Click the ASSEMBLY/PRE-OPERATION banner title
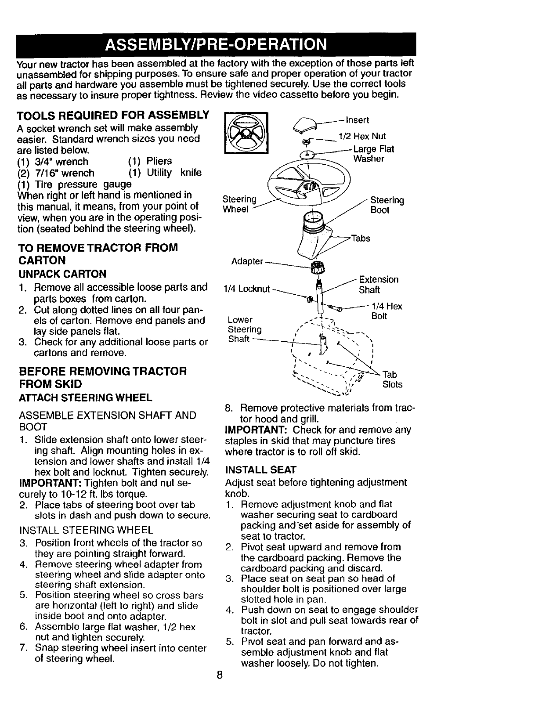[216, 45]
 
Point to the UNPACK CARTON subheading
[62, 274]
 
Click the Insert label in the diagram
[357, 120]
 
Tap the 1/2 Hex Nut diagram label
[362, 137]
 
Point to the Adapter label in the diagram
[247, 262]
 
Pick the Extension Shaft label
[379, 285]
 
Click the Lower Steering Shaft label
[245, 329]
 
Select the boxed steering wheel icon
[246, 134]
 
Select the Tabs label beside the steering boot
[361, 238]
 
